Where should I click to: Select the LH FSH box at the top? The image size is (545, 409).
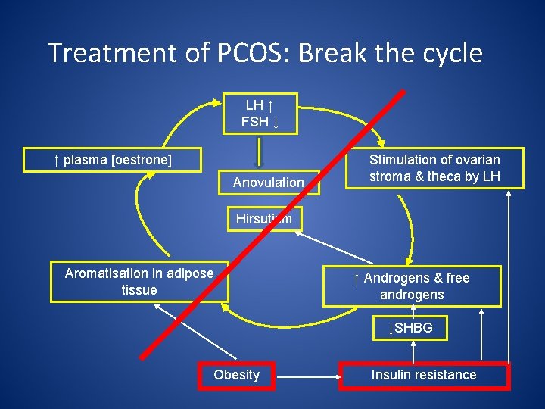[x=260, y=113]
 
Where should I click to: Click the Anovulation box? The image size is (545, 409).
[x=268, y=183]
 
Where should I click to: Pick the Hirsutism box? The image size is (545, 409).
[x=264, y=219]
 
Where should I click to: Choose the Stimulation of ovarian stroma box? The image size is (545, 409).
[x=434, y=168]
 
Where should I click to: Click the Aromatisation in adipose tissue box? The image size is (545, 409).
[x=139, y=282]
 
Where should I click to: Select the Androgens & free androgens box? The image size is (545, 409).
[x=412, y=286]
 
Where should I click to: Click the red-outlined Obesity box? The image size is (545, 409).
[x=236, y=375]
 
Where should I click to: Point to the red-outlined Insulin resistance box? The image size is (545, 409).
[x=424, y=375]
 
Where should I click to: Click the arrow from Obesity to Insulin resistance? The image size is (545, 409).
[x=307, y=375]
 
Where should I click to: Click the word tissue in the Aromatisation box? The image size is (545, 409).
[x=139, y=290]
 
